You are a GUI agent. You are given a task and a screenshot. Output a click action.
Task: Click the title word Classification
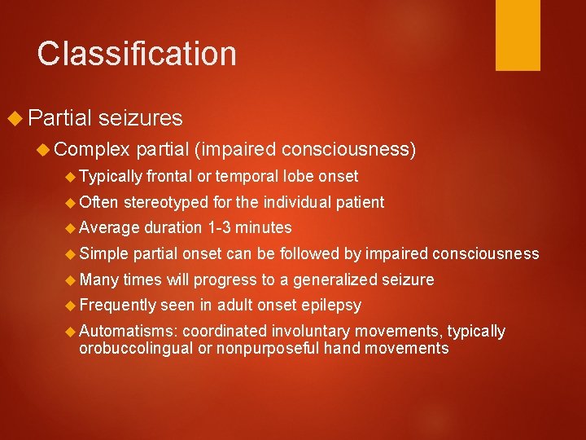click(x=137, y=54)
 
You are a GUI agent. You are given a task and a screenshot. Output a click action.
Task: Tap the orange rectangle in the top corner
click(x=518, y=34)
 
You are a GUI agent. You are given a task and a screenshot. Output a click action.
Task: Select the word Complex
click(x=93, y=149)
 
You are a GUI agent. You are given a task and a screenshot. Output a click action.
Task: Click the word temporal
click(x=246, y=176)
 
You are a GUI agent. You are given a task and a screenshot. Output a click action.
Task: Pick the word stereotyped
click(x=167, y=202)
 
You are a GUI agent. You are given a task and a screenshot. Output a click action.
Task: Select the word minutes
click(x=265, y=228)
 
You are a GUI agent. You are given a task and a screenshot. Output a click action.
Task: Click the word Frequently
click(x=117, y=306)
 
